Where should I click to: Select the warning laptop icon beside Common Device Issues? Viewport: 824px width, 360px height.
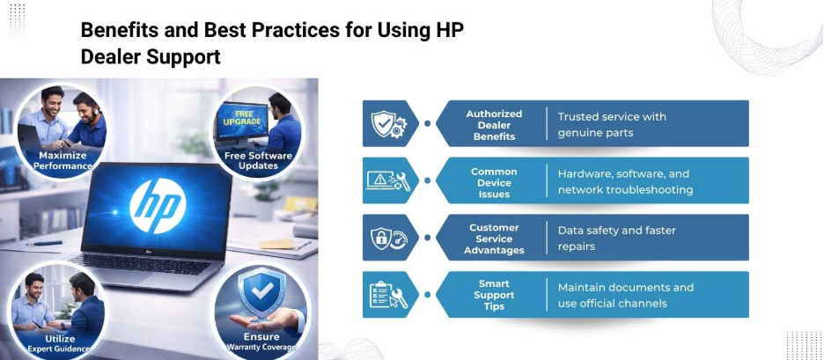(388, 180)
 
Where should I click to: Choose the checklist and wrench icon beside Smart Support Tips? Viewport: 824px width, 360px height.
(389, 295)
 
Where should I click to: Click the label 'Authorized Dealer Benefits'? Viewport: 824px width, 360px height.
(494, 125)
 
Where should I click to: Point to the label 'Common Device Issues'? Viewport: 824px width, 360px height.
(494, 183)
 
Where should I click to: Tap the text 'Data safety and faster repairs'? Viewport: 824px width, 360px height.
(616, 238)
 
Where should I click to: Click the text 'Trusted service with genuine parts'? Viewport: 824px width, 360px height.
(612, 125)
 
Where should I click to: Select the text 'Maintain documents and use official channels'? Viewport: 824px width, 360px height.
(625, 296)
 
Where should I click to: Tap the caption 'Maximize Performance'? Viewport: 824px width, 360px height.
(63, 161)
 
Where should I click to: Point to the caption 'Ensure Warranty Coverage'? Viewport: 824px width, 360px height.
(261, 342)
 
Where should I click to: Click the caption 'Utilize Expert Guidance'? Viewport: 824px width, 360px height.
(58, 343)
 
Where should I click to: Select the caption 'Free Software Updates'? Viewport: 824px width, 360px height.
(258, 160)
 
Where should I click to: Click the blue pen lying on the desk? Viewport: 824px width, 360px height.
(44, 243)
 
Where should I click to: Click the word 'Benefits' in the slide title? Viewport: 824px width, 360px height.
(119, 30)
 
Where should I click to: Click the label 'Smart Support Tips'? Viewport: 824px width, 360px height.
(494, 296)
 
